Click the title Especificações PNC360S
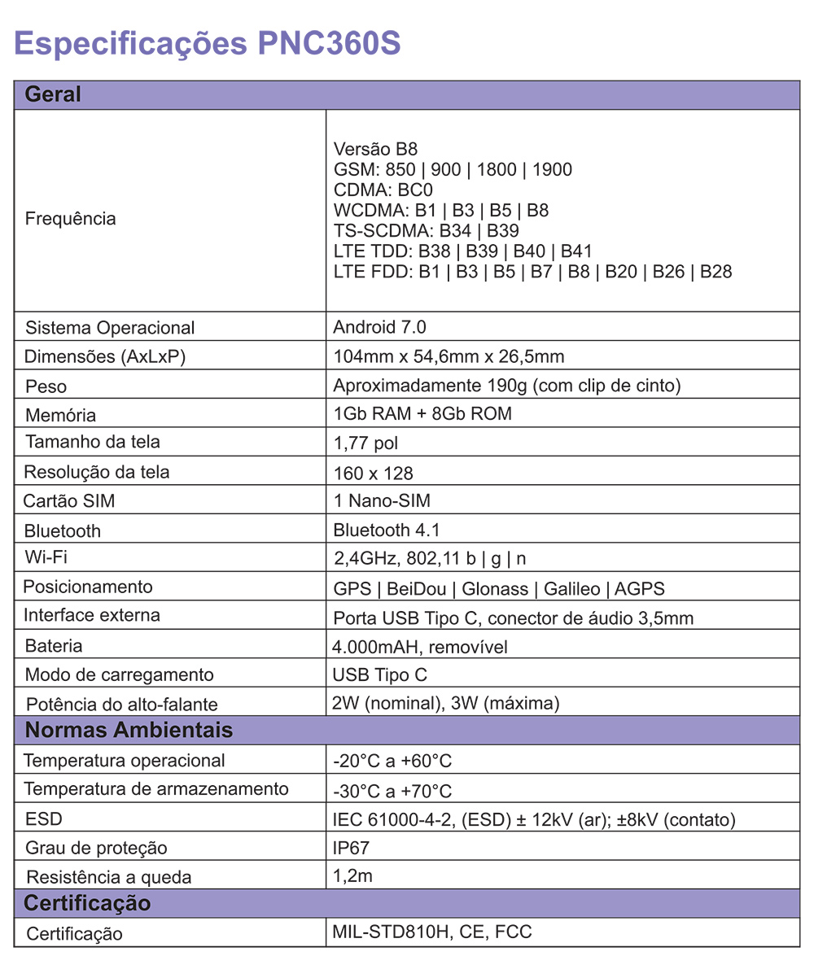[208, 43]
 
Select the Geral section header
[54, 94]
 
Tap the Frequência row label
[71, 219]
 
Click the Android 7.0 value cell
[379, 327]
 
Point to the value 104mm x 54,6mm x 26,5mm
[449, 356]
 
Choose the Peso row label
[46, 386]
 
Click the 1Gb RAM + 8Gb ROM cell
[422, 413]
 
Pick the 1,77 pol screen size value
[365, 443]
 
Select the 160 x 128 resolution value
[374, 473]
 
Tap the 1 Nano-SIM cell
[382, 501]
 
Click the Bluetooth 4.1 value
[387, 530]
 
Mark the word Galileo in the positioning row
[571, 588]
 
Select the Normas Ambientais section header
[129, 730]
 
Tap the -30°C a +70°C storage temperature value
[392, 791]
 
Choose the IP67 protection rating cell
[351, 848]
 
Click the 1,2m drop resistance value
[353, 876]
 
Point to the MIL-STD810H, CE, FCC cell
[432, 932]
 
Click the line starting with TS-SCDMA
[427, 231]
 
